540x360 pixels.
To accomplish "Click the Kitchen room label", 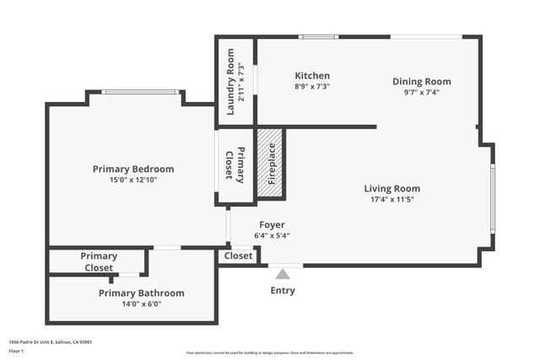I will click(x=312, y=76).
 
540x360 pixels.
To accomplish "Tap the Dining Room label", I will click(x=421, y=82).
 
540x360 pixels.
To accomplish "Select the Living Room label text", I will click(x=391, y=189).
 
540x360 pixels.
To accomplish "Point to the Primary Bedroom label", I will click(x=133, y=169).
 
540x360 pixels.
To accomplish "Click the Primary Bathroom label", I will click(x=141, y=293).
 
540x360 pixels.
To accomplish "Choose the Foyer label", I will click(x=272, y=225).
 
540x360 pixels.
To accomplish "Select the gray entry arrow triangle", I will click(x=283, y=273).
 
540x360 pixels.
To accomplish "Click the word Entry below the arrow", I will click(x=283, y=291).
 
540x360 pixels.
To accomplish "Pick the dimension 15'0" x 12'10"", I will click(x=133, y=180).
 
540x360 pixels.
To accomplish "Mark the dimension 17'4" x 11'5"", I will click(x=391, y=200).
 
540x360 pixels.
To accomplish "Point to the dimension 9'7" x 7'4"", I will click(x=421, y=93).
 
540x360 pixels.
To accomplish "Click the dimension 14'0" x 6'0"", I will click(x=141, y=304).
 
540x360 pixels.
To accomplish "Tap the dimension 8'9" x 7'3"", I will click(x=312, y=86).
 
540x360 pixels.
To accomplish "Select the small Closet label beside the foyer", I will click(x=239, y=255).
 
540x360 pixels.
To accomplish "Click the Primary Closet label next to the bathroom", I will click(x=99, y=261).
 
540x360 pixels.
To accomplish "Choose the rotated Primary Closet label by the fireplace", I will click(x=235, y=165).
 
